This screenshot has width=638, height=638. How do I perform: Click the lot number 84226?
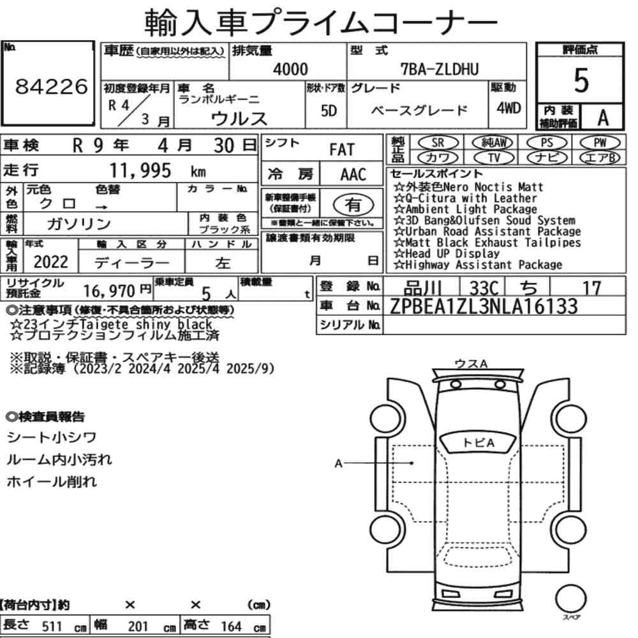[51, 86]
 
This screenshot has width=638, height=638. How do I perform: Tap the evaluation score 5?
[581, 80]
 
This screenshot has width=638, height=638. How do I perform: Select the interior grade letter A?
[603, 117]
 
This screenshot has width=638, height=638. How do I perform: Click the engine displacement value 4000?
[290, 69]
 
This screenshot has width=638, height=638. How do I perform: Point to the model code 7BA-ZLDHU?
[440, 69]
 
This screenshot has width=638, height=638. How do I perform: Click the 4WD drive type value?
[508, 108]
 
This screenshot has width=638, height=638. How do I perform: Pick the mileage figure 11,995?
[140, 170]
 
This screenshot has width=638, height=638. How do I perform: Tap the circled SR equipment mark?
[438, 143]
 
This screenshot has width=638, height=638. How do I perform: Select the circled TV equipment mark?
[494, 158]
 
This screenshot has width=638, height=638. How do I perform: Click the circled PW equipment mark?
[600, 143]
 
